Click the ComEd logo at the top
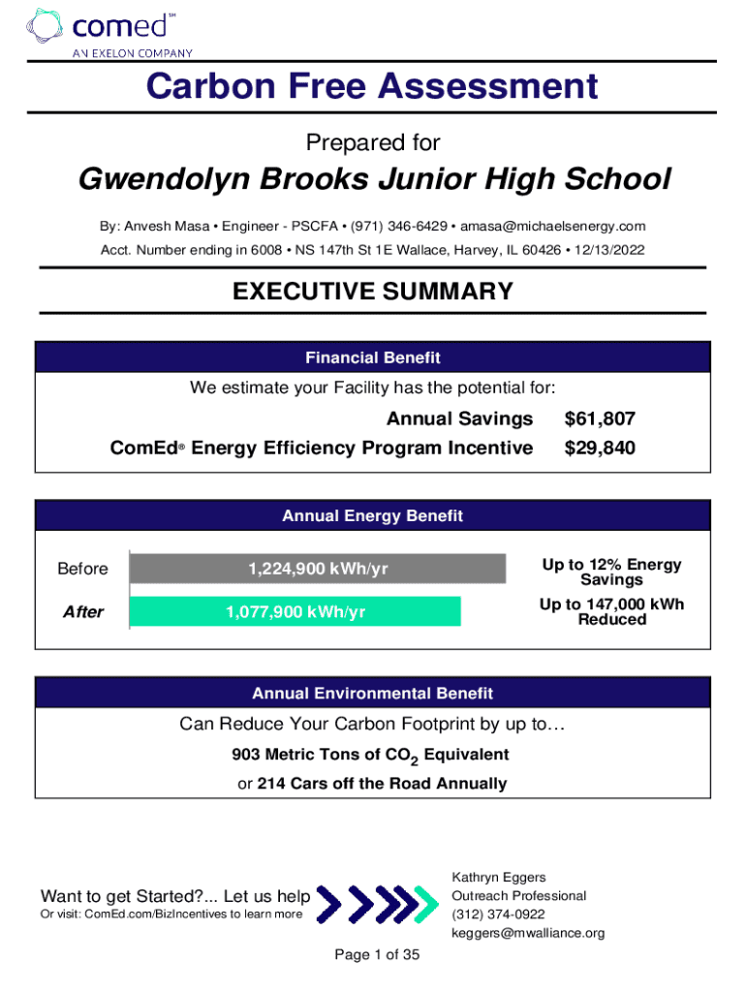pyautogui.click(x=109, y=31)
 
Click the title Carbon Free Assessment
pyautogui.click(x=372, y=87)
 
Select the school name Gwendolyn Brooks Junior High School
pyautogui.click(x=373, y=179)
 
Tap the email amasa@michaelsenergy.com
pyautogui.click(x=552, y=226)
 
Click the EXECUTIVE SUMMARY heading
pyautogui.click(x=373, y=292)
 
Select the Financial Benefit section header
pyautogui.click(x=373, y=358)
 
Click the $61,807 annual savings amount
pyautogui.click(x=600, y=418)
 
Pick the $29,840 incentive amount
pyautogui.click(x=600, y=448)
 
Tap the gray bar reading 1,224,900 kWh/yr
pyautogui.click(x=318, y=569)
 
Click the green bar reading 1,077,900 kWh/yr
pyautogui.click(x=295, y=611)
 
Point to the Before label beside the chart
pyautogui.click(x=83, y=569)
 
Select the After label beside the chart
pyautogui.click(x=83, y=612)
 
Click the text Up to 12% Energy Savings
pyautogui.click(x=611, y=572)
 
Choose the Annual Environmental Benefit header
pyautogui.click(x=373, y=694)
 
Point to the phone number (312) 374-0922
pyautogui.click(x=498, y=914)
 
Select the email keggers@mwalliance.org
pyautogui.click(x=528, y=933)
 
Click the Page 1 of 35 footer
pyautogui.click(x=377, y=955)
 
